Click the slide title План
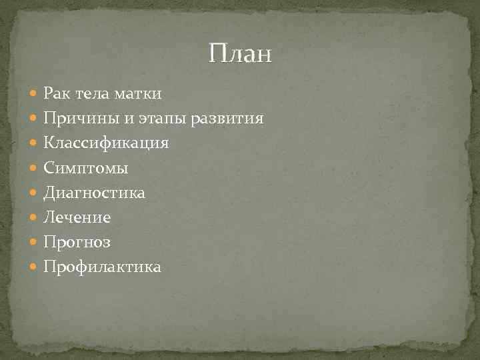pyautogui.click(x=240, y=53)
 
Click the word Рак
pyautogui.click(x=57, y=94)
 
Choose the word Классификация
pyautogui.click(x=106, y=143)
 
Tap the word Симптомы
pyautogui.click(x=85, y=168)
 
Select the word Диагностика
pyautogui.click(x=94, y=193)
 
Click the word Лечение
pyautogui.click(x=77, y=217)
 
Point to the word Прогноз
pyautogui.click(x=77, y=242)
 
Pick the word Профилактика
pyautogui.click(x=102, y=267)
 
